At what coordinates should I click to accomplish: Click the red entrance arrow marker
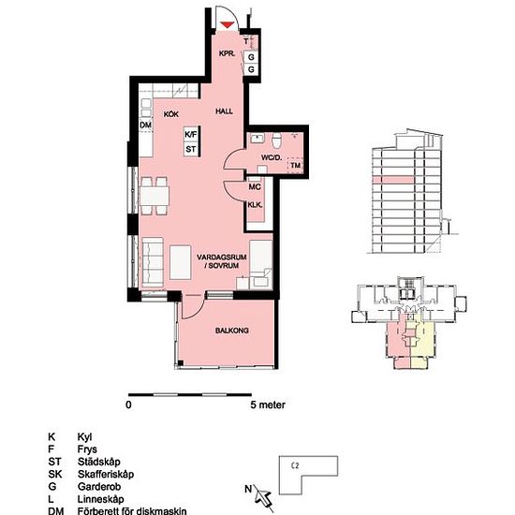[x=227, y=25]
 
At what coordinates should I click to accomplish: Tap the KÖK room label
[x=171, y=114]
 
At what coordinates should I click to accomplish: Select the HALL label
[x=224, y=111]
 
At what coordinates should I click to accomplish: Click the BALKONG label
[x=232, y=331]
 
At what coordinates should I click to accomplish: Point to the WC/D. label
[x=272, y=157]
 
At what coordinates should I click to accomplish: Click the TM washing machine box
[x=296, y=165]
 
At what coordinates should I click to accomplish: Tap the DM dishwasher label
[x=145, y=125]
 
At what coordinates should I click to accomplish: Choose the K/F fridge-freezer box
[x=191, y=135]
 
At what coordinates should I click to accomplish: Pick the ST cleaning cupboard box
[x=191, y=150]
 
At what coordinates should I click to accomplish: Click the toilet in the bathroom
[x=276, y=140]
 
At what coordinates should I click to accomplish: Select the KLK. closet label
[x=255, y=205]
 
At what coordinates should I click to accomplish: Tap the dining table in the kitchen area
[x=154, y=196]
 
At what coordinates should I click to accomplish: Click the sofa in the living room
[x=153, y=262]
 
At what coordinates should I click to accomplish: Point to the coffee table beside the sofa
[x=181, y=262]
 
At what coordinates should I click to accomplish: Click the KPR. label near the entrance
[x=227, y=53]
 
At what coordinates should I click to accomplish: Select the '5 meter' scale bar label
[x=268, y=405]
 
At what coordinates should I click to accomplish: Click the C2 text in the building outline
[x=295, y=465]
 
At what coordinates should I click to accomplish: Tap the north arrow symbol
[x=264, y=497]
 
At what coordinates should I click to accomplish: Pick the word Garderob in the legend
[x=99, y=486]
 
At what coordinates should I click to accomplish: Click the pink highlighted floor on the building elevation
[x=393, y=180]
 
